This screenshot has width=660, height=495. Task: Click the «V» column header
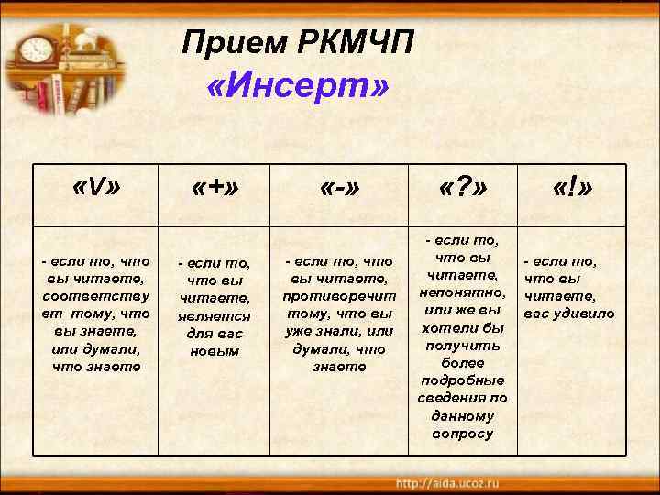pyautogui.click(x=95, y=190)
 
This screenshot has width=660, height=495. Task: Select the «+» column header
pyautogui.click(x=215, y=190)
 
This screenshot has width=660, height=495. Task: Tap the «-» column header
pyautogui.click(x=339, y=190)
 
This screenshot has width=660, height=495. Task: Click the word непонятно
pyautogui.click(x=463, y=293)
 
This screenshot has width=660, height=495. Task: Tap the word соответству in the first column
pyautogui.click(x=95, y=295)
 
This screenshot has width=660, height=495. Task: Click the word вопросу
pyautogui.click(x=463, y=433)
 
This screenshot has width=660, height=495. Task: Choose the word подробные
pyautogui.click(x=463, y=380)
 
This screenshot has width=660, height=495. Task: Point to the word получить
pyautogui.click(x=463, y=346)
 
